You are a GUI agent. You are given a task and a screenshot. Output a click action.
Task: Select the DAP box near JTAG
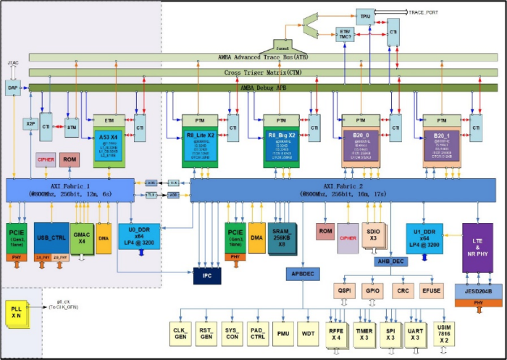coord(12,87)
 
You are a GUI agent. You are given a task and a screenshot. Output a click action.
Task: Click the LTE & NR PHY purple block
coord(477,248)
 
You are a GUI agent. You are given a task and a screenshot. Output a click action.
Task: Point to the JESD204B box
coord(477,290)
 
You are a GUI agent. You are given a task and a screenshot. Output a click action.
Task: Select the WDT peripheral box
coord(308,332)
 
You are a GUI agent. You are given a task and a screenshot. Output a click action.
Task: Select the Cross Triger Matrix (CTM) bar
coord(263,73)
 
